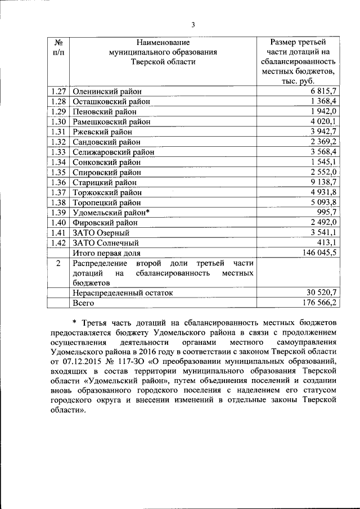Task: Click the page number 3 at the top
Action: [192, 24]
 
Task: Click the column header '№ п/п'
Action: [58, 47]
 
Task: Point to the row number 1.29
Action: [58, 111]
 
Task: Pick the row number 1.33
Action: [58, 152]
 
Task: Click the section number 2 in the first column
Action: [58, 263]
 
